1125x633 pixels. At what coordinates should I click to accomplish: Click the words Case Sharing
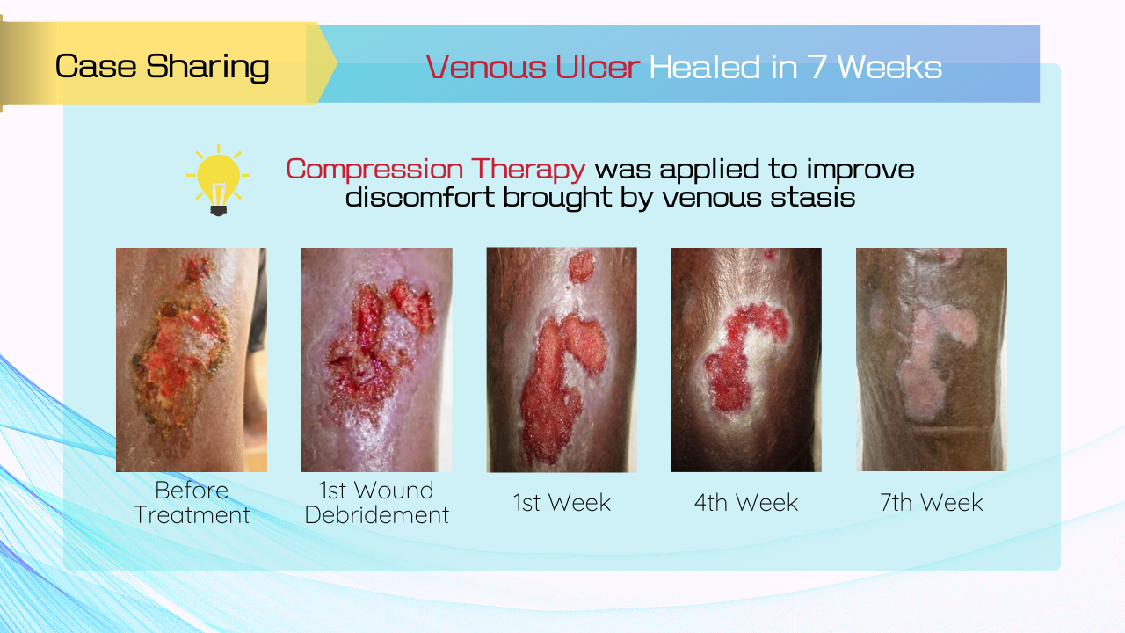tap(163, 67)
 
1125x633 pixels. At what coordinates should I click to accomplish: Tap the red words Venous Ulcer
tap(533, 67)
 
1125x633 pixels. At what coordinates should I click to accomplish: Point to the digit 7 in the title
tap(817, 67)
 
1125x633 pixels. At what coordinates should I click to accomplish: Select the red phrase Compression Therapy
tap(435, 169)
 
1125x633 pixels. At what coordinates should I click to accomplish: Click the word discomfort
tap(420, 197)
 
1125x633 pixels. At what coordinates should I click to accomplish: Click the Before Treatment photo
tap(192, 360)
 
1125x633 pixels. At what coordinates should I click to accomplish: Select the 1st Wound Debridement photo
tap(377, 360)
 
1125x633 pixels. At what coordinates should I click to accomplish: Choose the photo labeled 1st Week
tap(562, 360)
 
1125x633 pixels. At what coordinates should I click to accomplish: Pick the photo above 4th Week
tap(746, 360)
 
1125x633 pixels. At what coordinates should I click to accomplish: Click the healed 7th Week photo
tap(932, 360)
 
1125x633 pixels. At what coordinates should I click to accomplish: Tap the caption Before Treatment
tap(192, 502)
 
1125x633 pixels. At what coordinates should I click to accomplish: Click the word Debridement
tap(377, 515)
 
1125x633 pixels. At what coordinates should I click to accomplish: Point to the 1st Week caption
tap(562, 502)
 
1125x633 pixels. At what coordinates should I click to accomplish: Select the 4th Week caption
tap(746, 502)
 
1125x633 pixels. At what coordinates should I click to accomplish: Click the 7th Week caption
tap(932, 502)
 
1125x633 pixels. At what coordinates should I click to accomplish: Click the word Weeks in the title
tap(889, 67)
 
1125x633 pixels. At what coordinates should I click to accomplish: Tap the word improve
tap(860, 170)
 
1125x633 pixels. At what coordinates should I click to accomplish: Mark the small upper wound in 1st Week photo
tap(582, 266)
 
